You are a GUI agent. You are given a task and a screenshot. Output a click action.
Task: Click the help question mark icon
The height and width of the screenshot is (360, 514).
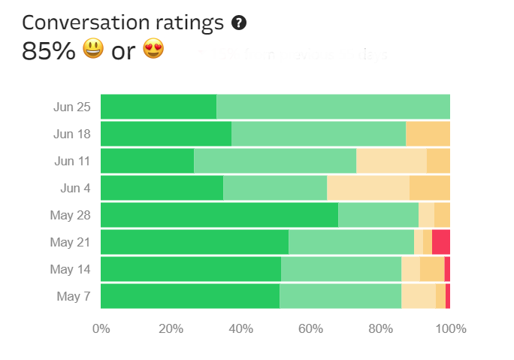click(239, 23)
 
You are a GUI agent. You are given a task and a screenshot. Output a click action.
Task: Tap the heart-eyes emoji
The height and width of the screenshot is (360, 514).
click(153, 50)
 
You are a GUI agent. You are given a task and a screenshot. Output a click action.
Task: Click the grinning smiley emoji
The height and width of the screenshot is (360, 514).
click(92, 50)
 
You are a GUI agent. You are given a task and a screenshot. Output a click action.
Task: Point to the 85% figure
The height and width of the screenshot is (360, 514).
click(48, 51)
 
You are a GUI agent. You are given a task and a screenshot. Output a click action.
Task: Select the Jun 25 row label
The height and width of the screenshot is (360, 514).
click(72, 107)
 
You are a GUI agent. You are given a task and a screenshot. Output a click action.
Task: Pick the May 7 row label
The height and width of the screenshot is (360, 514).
click(74, 296)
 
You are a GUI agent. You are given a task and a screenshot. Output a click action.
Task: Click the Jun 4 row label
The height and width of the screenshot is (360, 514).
click(75, 188)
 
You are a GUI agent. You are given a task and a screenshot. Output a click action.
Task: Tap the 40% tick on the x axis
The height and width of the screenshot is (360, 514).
click(240, 328)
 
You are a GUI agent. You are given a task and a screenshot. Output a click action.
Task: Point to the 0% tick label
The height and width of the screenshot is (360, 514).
click(101, 328)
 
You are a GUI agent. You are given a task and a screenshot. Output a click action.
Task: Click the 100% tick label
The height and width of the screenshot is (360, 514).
click(450, 328)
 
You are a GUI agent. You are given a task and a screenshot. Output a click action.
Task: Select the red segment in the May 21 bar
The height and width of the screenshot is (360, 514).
click(441, 242)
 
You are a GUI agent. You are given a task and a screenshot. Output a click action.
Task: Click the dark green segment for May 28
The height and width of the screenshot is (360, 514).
click(219, 215)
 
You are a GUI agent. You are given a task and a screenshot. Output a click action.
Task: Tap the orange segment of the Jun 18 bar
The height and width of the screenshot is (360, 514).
click(428, 134)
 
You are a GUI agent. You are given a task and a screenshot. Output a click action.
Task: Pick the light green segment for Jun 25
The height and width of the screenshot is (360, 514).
click(333, 107)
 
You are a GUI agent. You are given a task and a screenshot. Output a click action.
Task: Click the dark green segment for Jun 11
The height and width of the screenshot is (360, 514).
click(147, 161)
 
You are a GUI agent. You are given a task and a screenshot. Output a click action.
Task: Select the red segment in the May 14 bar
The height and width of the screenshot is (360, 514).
click(447, 269)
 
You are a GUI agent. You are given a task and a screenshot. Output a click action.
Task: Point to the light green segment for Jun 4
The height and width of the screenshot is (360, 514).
click(275, 188)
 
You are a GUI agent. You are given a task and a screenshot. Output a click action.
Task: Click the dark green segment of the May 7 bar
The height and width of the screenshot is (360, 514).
click(190, 296)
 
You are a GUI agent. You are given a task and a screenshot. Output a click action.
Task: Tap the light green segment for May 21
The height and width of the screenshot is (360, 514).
click(351, 242)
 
